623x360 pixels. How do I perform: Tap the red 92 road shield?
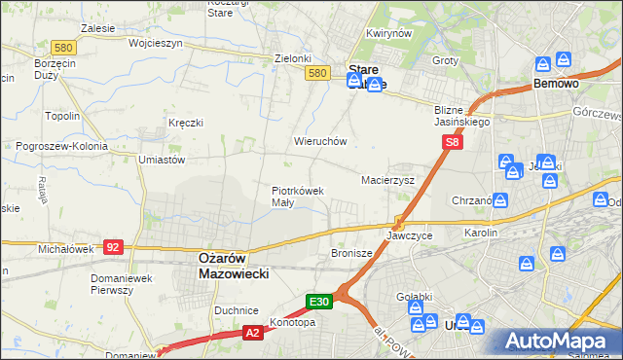point(114,247)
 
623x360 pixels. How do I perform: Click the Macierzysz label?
point(388,181)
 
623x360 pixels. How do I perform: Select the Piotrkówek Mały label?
point(297,197)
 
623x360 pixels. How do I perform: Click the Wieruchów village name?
point(320,141)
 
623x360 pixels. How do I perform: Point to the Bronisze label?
point(351,252)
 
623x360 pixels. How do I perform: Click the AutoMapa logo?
point(558,341)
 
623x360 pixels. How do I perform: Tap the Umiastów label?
point(162,159)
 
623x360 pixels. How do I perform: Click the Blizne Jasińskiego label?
point(462,117)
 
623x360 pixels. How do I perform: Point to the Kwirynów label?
point(389,33)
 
